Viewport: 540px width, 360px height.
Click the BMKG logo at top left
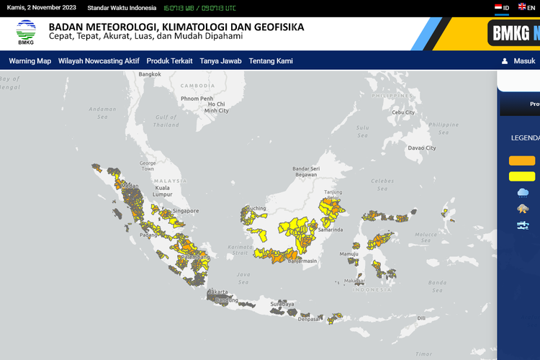tap(26, 32)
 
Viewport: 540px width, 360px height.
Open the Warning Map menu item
tap(30, 61)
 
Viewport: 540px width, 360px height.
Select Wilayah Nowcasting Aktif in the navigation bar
tap(99, 61)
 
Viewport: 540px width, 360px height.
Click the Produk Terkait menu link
tap(169, 61)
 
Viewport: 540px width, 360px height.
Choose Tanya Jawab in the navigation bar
tap(220, 61)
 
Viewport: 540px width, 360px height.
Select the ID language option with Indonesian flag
tap(502, 7)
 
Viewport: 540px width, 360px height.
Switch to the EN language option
tap(527, 7)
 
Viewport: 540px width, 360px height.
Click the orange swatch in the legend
tap(522, 161)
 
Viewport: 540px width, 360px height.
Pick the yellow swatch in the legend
tap(522, 176)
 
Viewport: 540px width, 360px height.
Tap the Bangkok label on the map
tap(150, 74)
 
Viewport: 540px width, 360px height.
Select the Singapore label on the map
tap(186, 210)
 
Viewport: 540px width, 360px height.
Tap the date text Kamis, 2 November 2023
tap(41, 7)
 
